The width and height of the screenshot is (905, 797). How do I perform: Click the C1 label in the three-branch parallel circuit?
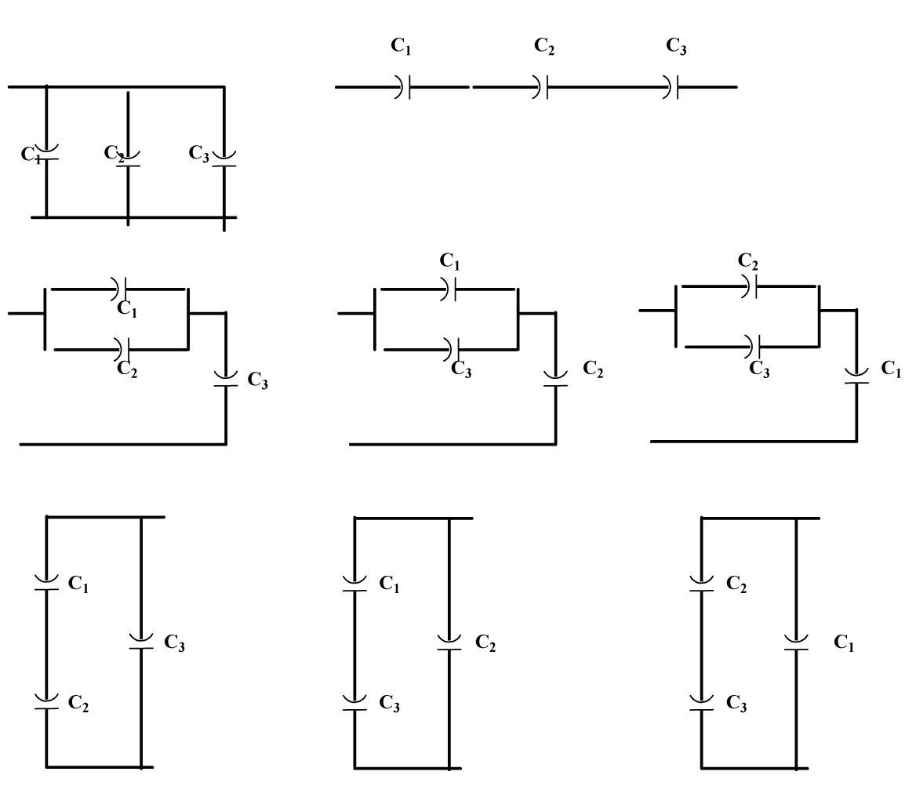(x=30, y=154)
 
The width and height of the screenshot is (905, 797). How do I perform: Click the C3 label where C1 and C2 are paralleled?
(x=258, y=380)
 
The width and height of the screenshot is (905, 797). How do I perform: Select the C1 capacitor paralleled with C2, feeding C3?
(x=122, y=289)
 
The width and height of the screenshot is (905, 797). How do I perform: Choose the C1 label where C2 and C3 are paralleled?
(x=892, y=369)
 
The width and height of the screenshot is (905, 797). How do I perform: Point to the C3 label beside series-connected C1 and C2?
(x=175, y=643)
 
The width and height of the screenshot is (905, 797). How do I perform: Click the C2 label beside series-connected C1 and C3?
(x=485, y=645)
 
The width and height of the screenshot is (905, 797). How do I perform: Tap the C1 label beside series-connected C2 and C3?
(x=844, y=645)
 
